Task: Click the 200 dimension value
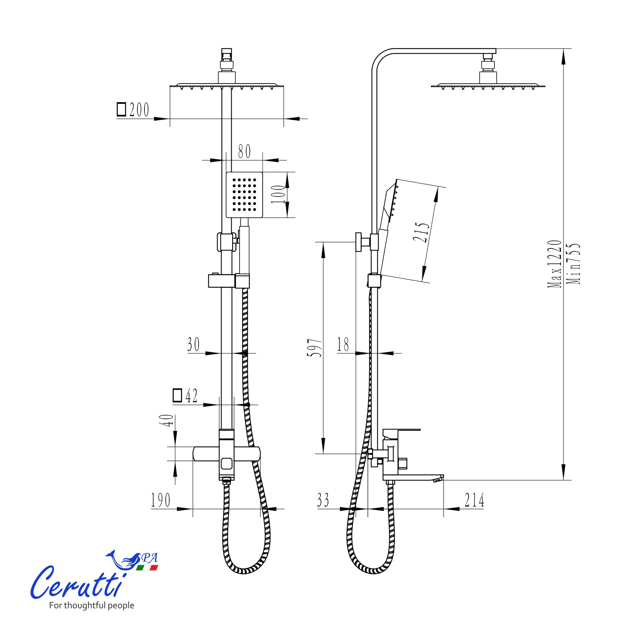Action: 139,110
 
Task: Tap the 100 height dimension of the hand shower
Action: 278,194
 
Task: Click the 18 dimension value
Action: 343,344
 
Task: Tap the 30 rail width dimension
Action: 193,344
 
